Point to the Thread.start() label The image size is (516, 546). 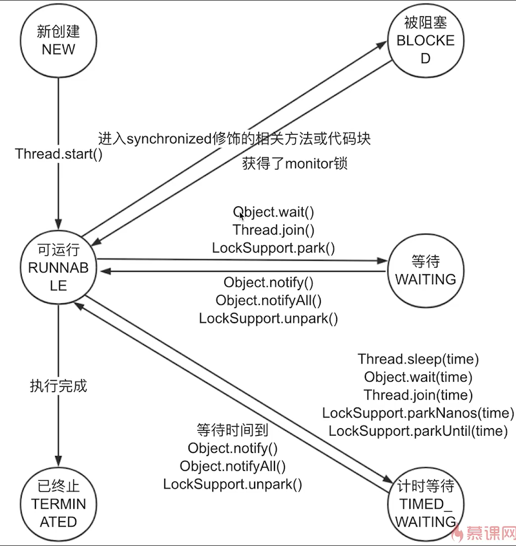tap(59, 154)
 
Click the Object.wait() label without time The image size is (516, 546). tap(273, 212)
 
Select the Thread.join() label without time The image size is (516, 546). tap(273, 230)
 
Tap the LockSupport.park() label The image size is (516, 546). tap(273, 248)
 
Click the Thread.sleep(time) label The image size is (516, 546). tap(418, 359)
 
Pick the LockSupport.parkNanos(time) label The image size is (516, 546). tap(418, 413)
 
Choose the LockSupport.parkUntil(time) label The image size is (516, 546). tap(418, 431)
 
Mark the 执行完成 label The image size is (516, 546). tap(59, 386)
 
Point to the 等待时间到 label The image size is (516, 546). tap(232, 430)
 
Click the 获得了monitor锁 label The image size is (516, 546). tap(295, 164)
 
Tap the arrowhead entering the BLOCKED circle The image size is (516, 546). tap(382, 45)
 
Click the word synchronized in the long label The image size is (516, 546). tap(169, 139)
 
